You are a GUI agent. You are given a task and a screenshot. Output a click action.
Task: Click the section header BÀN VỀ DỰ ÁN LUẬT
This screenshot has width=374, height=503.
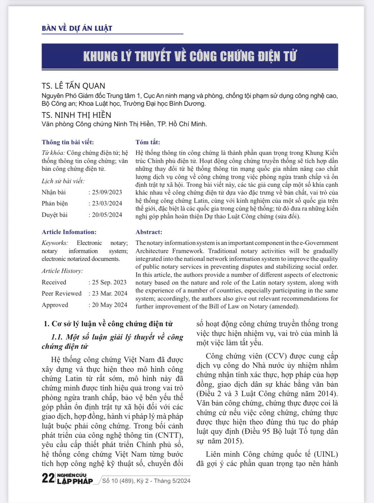click(77, 28)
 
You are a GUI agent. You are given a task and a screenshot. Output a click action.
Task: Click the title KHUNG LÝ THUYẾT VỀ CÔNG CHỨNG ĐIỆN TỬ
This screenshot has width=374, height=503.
click(190, 56)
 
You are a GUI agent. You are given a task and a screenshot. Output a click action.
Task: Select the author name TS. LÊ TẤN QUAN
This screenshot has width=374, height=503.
click(74, 86)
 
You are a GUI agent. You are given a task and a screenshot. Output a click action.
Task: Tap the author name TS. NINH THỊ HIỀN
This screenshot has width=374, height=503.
click(76, 115)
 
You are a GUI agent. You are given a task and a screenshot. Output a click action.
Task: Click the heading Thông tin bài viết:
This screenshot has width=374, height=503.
click(68, 142)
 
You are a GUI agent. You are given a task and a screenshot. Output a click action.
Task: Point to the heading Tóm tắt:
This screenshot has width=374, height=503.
click(148, 142)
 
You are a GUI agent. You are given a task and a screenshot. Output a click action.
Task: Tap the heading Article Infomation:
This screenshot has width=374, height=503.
click(69, 232)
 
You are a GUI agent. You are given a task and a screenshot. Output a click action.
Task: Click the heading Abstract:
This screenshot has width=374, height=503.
click(149, 232)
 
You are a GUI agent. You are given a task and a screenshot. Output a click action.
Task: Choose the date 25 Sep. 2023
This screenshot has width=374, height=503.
click(109, 282)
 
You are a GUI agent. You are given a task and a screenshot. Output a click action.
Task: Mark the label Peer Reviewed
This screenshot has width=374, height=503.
click(62, 294)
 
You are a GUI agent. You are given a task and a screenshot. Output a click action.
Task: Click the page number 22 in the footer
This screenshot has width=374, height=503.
click(48, 478)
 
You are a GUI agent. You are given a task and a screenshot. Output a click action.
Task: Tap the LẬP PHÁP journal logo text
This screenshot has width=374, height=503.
click(75, 481)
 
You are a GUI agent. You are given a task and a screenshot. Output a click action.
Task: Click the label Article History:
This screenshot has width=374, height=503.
click(62, 271)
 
